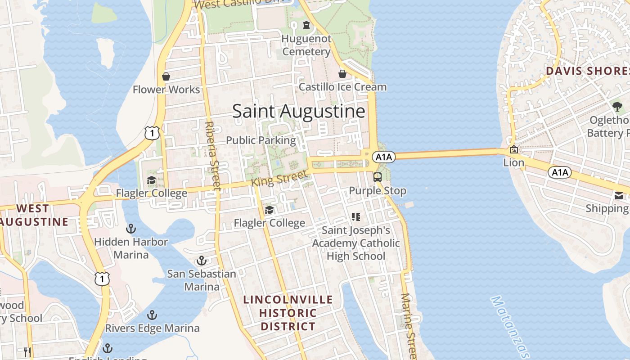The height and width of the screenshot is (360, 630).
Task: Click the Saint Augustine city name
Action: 298,111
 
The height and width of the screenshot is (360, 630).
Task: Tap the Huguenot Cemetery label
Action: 306,45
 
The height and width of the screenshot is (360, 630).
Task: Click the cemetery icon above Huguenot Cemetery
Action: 306,25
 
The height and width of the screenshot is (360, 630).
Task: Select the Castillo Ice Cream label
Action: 342,87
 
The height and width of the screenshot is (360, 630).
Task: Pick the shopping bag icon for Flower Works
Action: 166,76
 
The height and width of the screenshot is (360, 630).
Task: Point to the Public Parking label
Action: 261,140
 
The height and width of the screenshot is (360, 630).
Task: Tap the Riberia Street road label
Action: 212,155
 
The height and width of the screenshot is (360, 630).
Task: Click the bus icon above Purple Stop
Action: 378,177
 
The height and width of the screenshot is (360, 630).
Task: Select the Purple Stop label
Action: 378,191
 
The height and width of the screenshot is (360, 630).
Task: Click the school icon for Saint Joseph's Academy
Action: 356,217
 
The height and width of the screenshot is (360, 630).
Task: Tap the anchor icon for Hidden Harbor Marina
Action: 131,229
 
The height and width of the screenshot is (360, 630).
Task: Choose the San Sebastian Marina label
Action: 202,280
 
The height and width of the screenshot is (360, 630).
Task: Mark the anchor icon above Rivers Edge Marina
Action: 153,315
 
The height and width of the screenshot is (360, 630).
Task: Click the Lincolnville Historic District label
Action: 288,313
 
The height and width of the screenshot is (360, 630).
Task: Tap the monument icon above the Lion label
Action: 513,150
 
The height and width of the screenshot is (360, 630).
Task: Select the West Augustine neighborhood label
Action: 34,215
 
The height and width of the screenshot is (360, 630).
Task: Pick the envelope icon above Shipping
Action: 619,196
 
